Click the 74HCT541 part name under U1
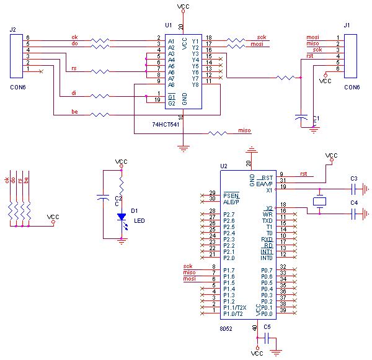click(166, 124)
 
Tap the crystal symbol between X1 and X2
click(319, 201)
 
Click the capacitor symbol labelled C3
click(353, 189)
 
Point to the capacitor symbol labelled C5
click(267, 338)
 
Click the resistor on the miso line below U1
click(218, 133)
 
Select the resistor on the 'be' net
click(100, 115)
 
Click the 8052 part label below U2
click(226, 328)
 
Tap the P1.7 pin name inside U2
click(229, 271)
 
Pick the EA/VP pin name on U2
click(264, 184)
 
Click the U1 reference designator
click(169, 25)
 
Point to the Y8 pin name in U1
click(195, 85)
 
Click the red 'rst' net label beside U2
click(304, 174)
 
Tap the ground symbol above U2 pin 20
click(252, 150)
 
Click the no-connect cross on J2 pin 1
click(41, 71)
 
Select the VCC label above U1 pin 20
click(183, 6)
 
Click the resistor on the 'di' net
click(100, 96)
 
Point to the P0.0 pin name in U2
click(267, 314)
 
